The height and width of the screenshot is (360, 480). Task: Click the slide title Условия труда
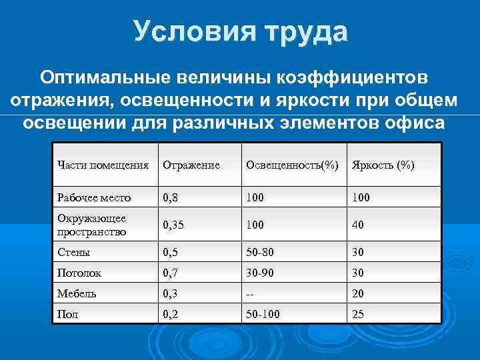click(x=240, y=31)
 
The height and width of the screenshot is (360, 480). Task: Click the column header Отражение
click(x=191, y=165)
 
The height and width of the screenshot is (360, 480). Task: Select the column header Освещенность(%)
click(x=292, y=165)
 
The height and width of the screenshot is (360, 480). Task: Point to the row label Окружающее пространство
click(x=92, y=225)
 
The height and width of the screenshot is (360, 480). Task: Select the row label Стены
click(x=74, y=253)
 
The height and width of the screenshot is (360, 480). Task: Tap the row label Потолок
click(x=78, y=273)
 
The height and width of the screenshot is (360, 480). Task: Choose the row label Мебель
click(x=77, y=293)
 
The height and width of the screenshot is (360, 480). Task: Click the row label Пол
click(x=68, y=314)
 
